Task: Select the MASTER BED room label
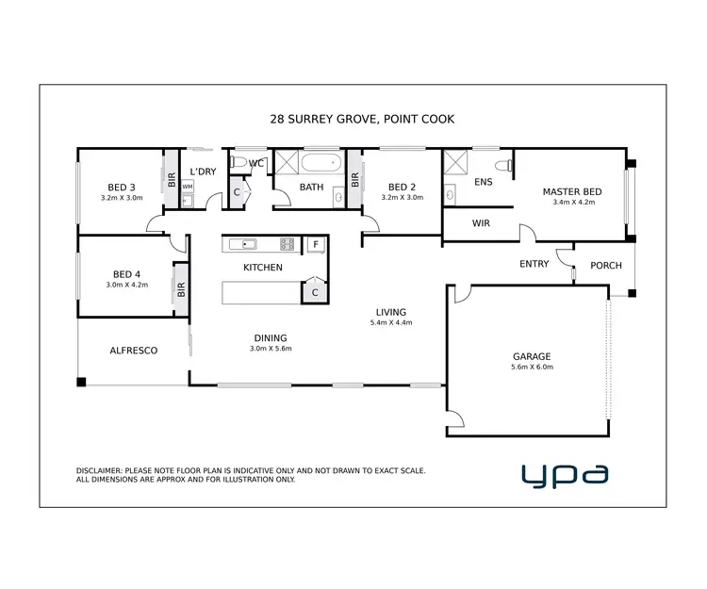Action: [x=571, y=192]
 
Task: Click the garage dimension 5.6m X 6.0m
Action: [x=532, y=368]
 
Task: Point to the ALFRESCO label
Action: [x=133, y=351]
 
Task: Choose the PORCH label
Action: [x=605, y=265]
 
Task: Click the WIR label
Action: [x=480, y=224]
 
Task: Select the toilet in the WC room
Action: [x=238, y=163]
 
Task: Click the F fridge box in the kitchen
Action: [x=316, y=244]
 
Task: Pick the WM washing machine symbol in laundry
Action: [x=187, y=187]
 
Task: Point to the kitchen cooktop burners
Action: [x=287, y=244]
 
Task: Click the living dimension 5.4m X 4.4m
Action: [x=390, y=322]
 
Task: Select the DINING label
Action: [x=270, y=338]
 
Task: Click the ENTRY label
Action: [x=534, y=264]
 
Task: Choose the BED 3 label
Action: [x=122, y=187]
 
